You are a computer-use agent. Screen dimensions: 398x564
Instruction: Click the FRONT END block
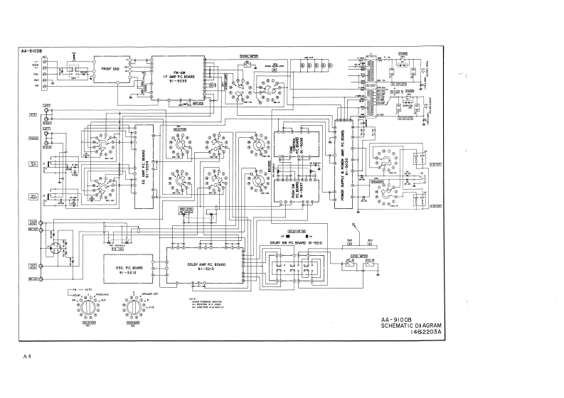(x=110, y=69)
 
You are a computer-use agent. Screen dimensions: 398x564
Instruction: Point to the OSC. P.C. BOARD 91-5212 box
(x=129, y=266)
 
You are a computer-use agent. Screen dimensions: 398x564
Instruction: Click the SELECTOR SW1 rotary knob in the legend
(x=89, y=308)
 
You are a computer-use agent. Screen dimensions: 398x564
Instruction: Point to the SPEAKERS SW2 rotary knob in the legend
(x=132, y=308)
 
